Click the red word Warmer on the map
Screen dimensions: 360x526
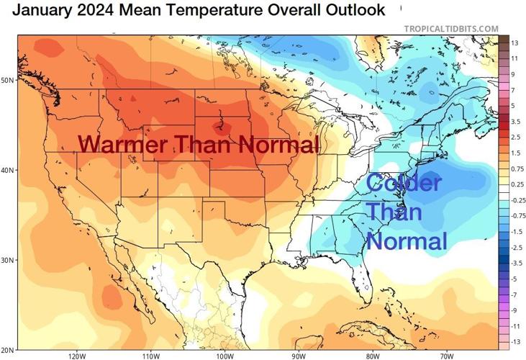tap(119, 144)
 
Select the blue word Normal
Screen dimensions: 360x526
tap(407, 240)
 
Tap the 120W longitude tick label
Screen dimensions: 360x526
tap(77, 356)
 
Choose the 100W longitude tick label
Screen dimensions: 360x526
tap(225, 356)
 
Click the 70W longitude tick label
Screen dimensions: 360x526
tap(446, 356)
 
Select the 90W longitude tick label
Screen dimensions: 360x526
tap(299, 356)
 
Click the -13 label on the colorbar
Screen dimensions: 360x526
tap(516, 341)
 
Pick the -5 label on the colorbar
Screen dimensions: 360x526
tap(515, 279)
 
